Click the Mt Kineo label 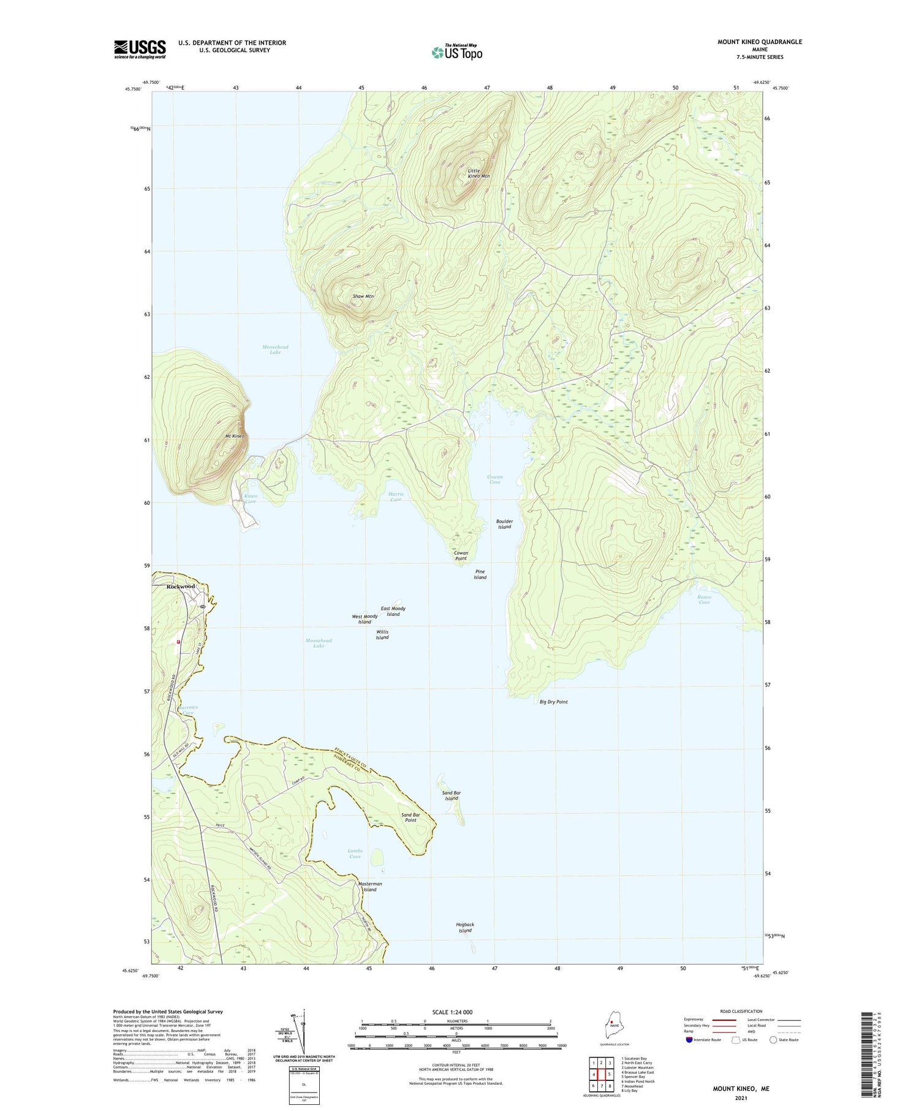tap(235, 436)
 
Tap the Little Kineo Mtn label tap(478, 173)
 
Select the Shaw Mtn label tap(363, 296)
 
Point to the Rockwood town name tap(181, 586)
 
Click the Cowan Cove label tap(494, 479)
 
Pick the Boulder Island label tap(504, 524)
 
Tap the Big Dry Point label tap(553, 702)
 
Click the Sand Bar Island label tap(452, 795)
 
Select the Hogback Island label tap(465, 927)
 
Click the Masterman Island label tap(370, 887)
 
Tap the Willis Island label tap(382, 634)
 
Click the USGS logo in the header tap(140, 49)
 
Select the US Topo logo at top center tap(456, 51)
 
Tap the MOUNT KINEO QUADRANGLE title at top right tap(760, 42)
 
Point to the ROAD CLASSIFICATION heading tap(741, 1011)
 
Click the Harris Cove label tap(396, 496)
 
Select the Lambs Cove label tap(355, 853)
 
